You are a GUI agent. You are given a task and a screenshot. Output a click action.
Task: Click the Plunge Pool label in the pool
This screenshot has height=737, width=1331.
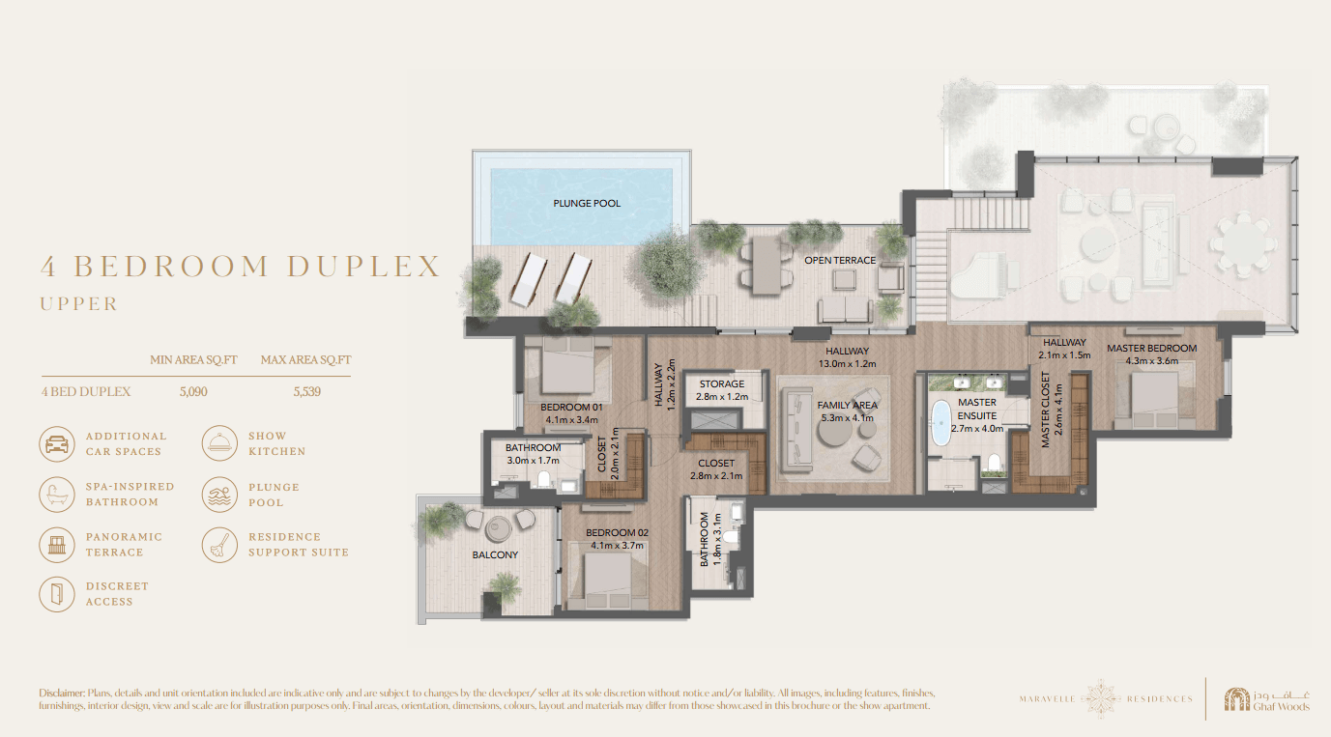pos(587,203)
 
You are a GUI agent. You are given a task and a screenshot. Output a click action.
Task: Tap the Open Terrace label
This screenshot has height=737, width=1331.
pos(840,260)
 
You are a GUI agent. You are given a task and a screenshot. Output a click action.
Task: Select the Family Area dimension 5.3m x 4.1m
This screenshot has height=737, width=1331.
pos(848,418)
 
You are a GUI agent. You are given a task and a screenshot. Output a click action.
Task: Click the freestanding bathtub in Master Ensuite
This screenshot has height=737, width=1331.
pos(940,423)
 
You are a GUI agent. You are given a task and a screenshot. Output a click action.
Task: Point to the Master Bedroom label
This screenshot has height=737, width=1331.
pos(1151,348)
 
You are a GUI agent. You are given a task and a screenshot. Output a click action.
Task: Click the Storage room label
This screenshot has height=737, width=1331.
pos(721,383)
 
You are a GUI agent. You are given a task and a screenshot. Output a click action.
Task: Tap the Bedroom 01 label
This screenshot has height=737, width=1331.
pos(571,408)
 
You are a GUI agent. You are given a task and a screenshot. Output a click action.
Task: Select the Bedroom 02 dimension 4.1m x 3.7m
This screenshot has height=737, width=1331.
pos(617,545)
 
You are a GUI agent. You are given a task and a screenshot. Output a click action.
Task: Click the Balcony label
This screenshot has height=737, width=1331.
pos(495,554)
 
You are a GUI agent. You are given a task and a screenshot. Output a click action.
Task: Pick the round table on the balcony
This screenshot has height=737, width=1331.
pos(498,527)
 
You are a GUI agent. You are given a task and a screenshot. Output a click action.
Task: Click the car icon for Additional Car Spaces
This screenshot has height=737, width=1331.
pos(57,444)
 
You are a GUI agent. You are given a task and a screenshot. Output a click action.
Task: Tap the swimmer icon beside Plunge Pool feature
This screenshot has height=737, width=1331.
pos(219,495)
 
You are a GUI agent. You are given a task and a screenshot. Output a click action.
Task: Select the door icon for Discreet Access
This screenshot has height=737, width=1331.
pos(57,594)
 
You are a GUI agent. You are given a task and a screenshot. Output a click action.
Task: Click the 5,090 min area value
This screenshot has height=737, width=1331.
pos(193,391)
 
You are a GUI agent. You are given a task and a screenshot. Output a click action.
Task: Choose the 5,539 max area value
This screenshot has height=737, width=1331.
pos(306,391)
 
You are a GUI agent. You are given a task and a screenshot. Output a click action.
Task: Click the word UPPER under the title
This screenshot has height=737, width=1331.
pos(79,304)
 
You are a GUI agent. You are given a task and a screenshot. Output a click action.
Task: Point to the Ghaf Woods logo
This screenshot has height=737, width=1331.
pos(1266,699)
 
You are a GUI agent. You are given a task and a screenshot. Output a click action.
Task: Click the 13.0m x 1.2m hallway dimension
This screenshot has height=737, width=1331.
pos(847,364)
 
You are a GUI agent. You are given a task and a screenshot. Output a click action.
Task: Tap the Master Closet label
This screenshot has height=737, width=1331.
pos(1045,410)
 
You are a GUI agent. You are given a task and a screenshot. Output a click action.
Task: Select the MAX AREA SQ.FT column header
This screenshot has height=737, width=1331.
pos(306,360)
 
